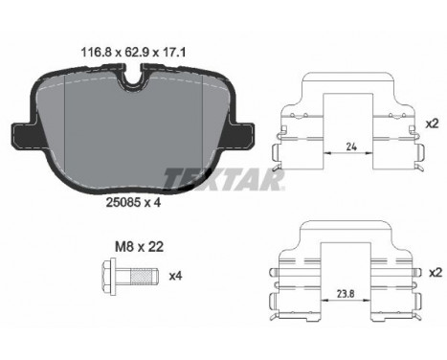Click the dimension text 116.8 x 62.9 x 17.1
(x=134, y=52)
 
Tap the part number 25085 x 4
(x=133, y=202)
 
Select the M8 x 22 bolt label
(x=139, y=247)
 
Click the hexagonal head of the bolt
(x=109, y=277)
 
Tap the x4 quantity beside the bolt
(x=175, y=276)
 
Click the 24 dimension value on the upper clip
(x=351, y=146)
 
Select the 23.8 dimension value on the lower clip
(x=346, y=294)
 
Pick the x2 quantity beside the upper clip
(x=433, y=124)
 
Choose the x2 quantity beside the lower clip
(x=436, y=272)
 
